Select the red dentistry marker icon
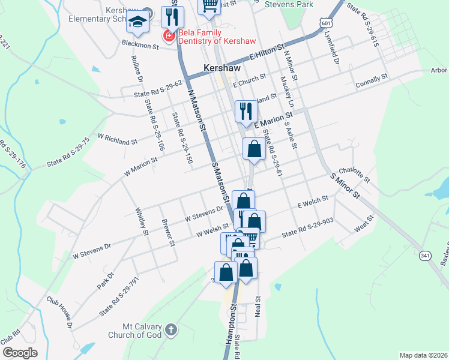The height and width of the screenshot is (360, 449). [169, 37]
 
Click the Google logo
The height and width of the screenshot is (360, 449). [20, 352]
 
